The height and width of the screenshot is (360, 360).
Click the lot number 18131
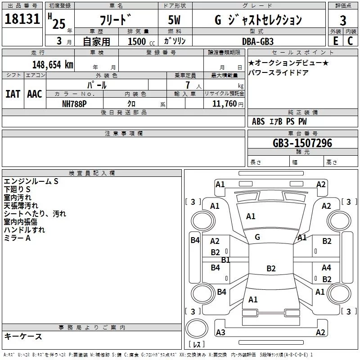point(22,19)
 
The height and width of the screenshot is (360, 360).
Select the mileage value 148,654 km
point(53,64)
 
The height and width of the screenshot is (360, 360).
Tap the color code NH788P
point(75,103)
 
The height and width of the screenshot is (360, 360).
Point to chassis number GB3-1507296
point(302,143)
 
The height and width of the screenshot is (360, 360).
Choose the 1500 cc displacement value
point(139,41)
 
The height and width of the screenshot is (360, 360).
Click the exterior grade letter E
point(335,41)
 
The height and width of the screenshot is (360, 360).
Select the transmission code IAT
point(13,94)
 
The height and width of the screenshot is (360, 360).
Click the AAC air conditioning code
point(35,94)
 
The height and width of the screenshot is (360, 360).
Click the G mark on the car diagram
point(257,237)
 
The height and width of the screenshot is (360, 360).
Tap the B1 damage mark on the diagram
point(225,260)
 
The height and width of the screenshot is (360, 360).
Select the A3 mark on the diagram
point(220,332)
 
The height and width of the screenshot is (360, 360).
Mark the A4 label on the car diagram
point(326,268)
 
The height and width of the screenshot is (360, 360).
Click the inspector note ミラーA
point(17,238)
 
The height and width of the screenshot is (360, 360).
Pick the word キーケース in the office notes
point(23,336)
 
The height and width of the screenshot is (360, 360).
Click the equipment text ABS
point(258,121)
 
